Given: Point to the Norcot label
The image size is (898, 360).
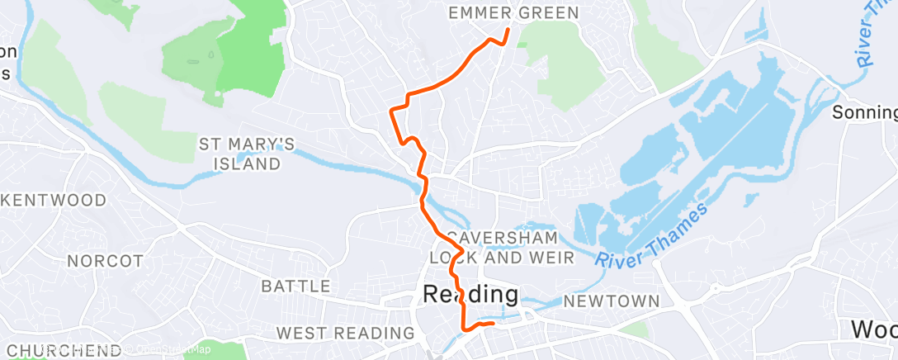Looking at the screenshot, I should point(105,261).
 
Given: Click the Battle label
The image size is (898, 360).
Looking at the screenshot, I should point(295,287).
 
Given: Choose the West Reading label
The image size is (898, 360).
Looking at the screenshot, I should point(345,333).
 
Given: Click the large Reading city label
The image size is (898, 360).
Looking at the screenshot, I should point(470,294).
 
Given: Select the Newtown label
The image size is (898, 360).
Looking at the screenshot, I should point(612,301).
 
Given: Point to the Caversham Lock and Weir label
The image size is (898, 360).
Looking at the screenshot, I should point(503,245).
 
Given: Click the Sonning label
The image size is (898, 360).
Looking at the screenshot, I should point(864,112).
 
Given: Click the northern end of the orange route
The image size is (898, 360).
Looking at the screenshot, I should point(507,31).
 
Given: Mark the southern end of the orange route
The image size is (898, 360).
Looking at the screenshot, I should point(493,324).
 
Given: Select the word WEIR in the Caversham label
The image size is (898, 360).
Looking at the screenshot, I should point(551,258).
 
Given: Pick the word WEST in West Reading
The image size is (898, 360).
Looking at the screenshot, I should point(300,333).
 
